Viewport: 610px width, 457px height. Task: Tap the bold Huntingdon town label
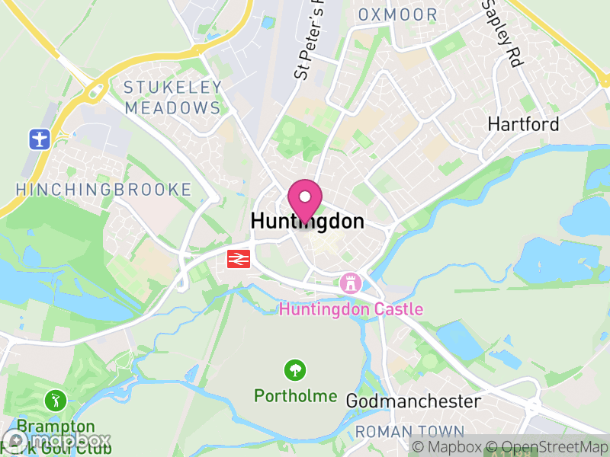click(x=307, y=222)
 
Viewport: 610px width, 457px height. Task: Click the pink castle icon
click(x=351, y=283)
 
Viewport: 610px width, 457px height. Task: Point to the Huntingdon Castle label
click(x=351, y=310)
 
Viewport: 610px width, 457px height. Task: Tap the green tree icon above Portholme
click(x=294, y=371)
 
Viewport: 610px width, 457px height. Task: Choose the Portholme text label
click(x=295, y=396)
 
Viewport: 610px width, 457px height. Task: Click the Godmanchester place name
click(x=413, y=401)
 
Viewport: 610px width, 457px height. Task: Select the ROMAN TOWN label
click(x=409, y=432)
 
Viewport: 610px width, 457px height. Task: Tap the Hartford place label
click(x=523, y=124)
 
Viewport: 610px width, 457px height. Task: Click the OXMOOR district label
click(x=398, y=15)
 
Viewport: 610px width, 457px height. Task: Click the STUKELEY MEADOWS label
click(x=173, y=97)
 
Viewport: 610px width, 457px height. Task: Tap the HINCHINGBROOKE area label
click(x=103, y=190)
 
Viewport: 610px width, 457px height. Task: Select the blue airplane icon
click(x=38, y=139)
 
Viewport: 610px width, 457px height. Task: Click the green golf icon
click(x=54, y=400)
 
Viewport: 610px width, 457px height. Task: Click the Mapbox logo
click(x=57, y=440)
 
